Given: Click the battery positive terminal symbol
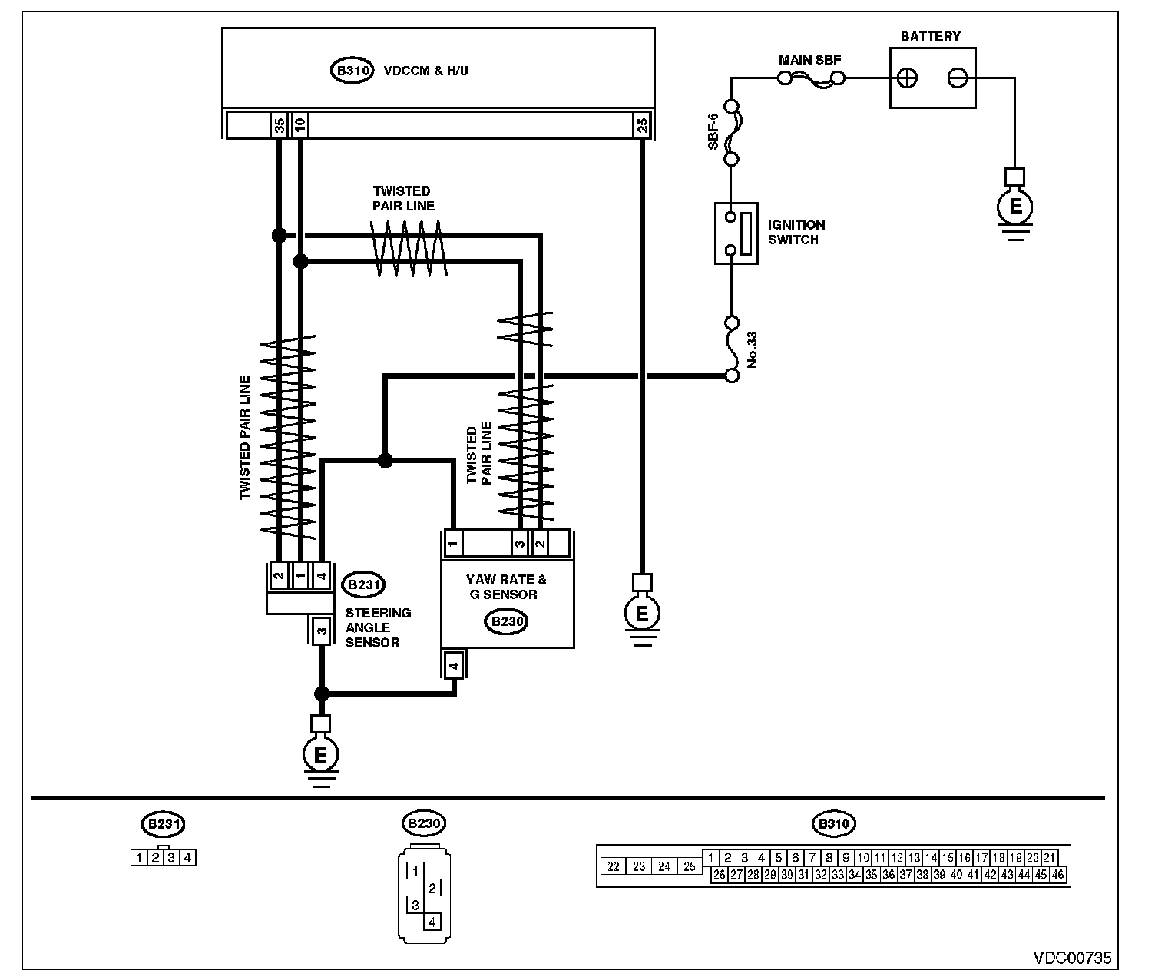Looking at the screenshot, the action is click(x=907, y=78).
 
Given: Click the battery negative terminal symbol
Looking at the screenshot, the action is click(x=958, y=78).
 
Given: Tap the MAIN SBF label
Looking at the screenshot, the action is click(x=809, y=60).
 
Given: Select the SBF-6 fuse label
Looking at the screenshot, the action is click(x=713, y=132).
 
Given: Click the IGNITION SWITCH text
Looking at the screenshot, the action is click(x=796, y=233).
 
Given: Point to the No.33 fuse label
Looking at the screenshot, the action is click(x=752, y=349).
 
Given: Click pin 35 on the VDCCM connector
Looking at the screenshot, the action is click(x=280, y=124).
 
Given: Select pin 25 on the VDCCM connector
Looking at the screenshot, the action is click(x=643, y=124).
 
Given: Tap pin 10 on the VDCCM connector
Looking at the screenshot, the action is click(x=300, y=124).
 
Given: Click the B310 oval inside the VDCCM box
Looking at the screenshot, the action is click(x=352, y=71).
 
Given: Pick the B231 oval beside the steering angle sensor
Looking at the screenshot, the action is click(x=364, y=584).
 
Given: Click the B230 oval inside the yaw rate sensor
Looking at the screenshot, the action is click(x=506, y=621).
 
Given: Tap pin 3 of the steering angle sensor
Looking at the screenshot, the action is click(x=321, y=632).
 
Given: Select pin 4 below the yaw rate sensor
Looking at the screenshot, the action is click(x=455, y=665).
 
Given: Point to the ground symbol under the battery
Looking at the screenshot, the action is click(x=1014, y=207).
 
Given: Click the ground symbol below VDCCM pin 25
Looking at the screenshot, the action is click(x=642, y=613).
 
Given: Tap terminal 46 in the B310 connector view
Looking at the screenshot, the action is click(x=1057, y=875).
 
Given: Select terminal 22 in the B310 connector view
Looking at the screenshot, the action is click(x=613, y=866).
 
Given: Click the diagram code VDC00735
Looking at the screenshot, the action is click(x=1072, y=958).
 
